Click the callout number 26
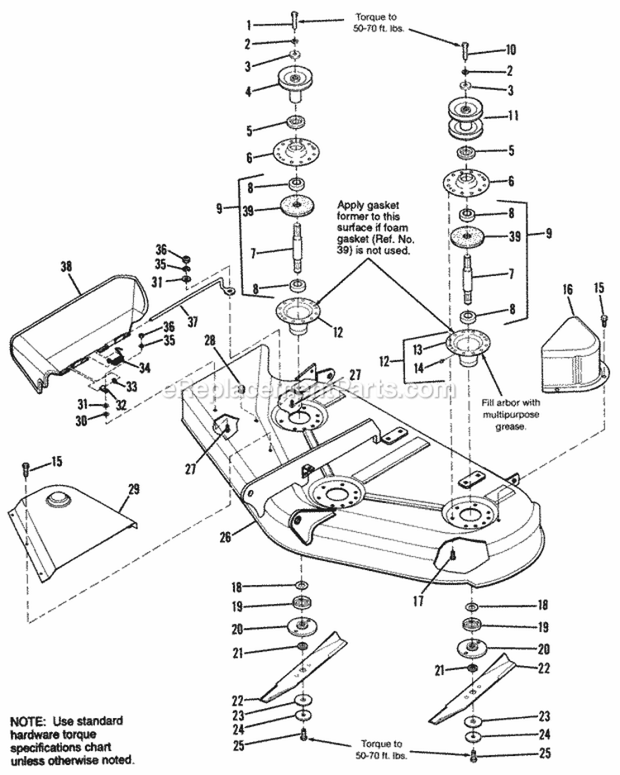point(226,535)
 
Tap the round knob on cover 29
point(59,498)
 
